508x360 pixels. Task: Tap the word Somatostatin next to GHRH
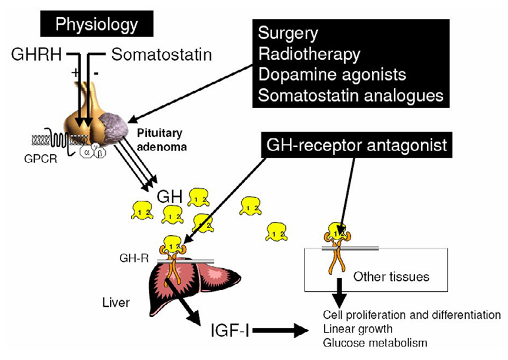[161, 56]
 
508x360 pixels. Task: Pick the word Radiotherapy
[309, 54]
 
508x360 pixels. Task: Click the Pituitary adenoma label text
[158, 139]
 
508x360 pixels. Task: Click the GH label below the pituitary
[168, 195]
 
